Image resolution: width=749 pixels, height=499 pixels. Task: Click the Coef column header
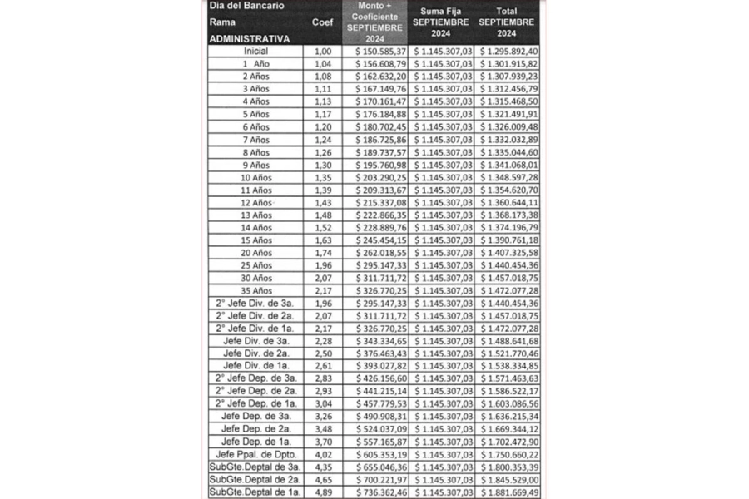pos(322,22)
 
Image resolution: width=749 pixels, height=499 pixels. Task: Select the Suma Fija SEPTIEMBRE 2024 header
pos(441,22)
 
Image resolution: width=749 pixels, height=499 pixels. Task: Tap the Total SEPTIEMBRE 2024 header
pos(507,22)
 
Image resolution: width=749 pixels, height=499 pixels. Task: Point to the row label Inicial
pos(255,52)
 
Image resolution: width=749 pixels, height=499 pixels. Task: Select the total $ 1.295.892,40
pos(507,52)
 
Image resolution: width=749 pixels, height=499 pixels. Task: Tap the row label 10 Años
pos(255,177)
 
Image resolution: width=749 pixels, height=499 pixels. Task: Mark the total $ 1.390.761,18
pos(507,240)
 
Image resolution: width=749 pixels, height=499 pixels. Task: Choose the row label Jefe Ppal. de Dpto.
pos(255,454)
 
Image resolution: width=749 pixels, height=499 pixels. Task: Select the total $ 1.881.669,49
pos(507,492)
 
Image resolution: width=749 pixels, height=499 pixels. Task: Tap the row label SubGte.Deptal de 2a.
pos(255,480)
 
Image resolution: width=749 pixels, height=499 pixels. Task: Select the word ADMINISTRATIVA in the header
pos(250,38)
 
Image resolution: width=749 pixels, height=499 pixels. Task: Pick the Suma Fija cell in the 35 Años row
pos(441,291)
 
